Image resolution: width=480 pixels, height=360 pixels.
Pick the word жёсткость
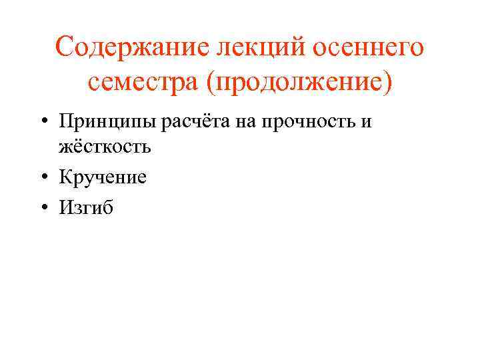coord(105,146)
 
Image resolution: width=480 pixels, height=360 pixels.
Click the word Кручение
coord(103,177)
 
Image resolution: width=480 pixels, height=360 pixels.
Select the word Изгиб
coord(86,208)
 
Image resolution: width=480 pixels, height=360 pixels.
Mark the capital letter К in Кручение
coord(65,177)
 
